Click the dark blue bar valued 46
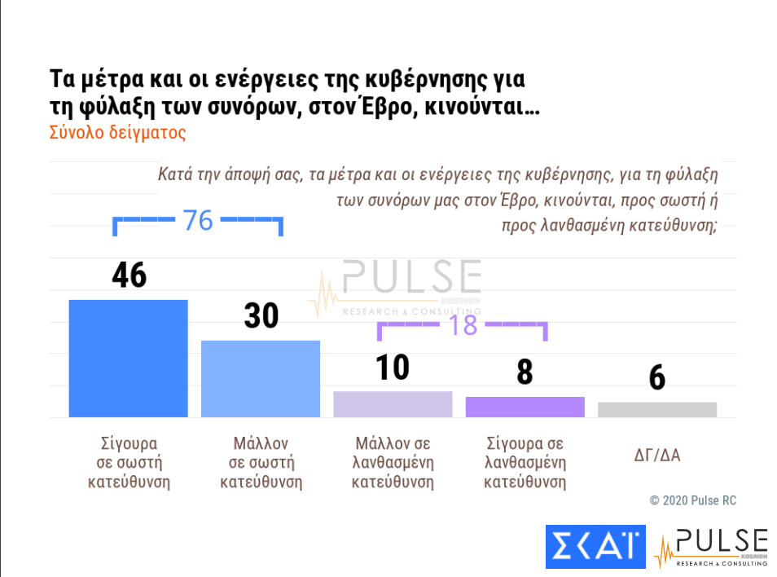click(x=128, y=359)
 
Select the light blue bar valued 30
click(x=261, y=379)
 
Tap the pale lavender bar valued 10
click(x=393, y=404)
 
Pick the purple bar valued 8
click(x=525, y=407)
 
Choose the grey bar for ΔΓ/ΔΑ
click(x=657, y=410)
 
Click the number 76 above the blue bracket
click(x=197, y=220)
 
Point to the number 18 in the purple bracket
click(x=462, y=325)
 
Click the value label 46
click(x=129, y=275)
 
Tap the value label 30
click(x=261, y=315)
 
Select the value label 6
click(x=657, y=378)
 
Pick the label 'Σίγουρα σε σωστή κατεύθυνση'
click(x=128, y=462)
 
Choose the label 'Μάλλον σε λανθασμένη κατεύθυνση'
click(x=393, y=462)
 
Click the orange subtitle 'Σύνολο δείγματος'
click(x=117, y=133)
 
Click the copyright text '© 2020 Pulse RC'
click(x=692, y=500)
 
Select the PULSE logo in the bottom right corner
click(x=710, y=547)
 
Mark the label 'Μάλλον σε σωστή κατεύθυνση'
click(x=261, y=462)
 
